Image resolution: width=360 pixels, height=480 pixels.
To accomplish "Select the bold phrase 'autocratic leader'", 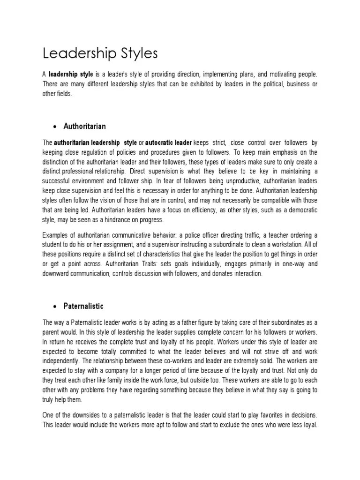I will click(x=169, y=142).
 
